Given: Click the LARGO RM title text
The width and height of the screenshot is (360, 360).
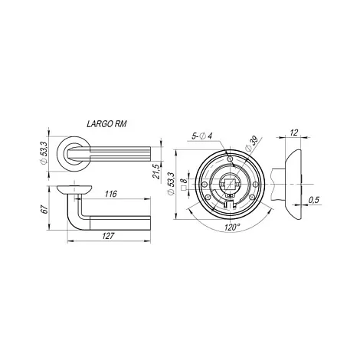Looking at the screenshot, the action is [106, 124].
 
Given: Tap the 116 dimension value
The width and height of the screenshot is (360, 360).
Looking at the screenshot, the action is [110, 194].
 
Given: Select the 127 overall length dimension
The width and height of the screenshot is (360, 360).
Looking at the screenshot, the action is [108, 236].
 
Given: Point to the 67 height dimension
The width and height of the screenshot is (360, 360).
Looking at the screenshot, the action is [45, 209].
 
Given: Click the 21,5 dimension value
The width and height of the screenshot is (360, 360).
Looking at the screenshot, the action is [157, 171].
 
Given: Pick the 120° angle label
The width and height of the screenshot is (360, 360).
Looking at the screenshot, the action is [232, 227].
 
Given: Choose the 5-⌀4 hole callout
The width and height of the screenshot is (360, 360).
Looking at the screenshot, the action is [202, 136].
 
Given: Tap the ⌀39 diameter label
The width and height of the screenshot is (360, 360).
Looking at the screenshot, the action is [250, 145].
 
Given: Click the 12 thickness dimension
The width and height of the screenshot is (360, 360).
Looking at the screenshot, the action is [294, 133].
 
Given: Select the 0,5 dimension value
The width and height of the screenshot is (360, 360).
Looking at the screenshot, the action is [314, 200].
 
